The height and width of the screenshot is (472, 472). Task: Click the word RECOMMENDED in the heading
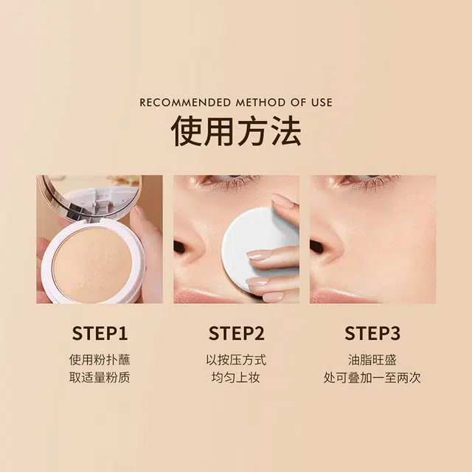point(185,103)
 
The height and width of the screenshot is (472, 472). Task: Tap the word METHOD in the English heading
point(260,103)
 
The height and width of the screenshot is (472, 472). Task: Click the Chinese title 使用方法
point(236,131)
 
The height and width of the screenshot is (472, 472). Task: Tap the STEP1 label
point(100,333)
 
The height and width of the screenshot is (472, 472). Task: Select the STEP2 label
point(236,333)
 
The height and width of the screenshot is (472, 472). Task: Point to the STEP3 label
point(372,333)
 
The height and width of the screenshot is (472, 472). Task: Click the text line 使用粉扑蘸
point(100,360)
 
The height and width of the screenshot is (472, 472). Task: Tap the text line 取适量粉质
point(100,378)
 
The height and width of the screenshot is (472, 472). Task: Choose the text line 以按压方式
point(236,360)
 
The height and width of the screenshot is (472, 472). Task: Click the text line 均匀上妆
point(236,378)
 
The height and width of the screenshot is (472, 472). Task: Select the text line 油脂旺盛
point(372,360)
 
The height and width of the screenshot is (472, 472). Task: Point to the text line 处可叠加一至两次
point(372,378)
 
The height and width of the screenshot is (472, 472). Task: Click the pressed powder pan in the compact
point(92,265)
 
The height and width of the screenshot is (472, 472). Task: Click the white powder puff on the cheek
point(256,250)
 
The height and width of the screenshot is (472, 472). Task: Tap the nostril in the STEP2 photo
point(180,247)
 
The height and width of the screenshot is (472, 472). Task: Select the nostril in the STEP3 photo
point(316,247)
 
